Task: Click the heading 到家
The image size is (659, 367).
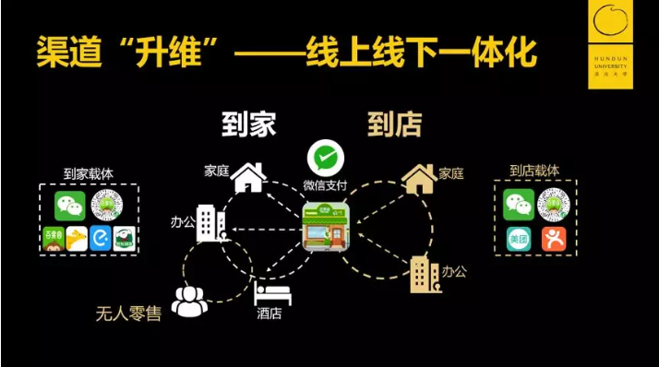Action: tap(248, 124)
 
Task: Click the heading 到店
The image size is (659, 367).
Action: tap(394, 124)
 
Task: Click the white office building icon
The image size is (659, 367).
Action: tap(211, 224)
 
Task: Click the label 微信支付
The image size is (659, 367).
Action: tap(322, 186)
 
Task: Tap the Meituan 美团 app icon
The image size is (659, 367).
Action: tap(517, 240)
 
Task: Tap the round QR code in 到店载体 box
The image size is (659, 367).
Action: tap(554, 205)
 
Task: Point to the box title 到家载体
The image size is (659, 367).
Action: tap(89, 172)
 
